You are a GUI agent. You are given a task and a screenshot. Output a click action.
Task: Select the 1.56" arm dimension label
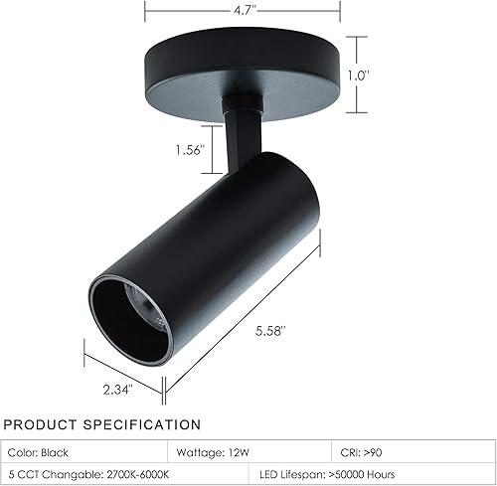pyautogui.click(x=186, y=150)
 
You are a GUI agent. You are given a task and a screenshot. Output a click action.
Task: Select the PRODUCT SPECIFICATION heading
pyautogui.click(x=101, y=425)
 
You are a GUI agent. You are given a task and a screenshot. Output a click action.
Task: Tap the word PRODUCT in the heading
pyautogui.click(x=39, y=425)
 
